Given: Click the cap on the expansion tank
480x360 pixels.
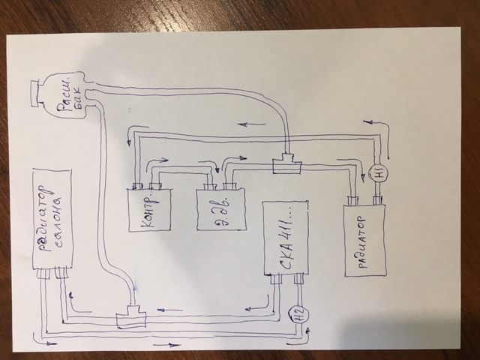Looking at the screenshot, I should (31, 92).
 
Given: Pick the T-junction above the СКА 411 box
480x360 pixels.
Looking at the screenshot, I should (286, 164).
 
